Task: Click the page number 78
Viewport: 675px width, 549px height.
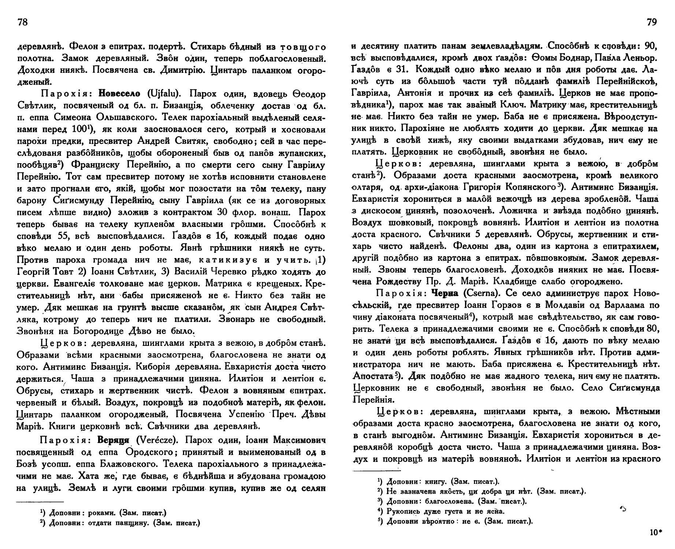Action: [x=22, y=23]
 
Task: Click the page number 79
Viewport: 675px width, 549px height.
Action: [x=652, y=23]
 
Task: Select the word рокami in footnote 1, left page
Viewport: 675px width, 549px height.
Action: [x=104, y=513]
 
